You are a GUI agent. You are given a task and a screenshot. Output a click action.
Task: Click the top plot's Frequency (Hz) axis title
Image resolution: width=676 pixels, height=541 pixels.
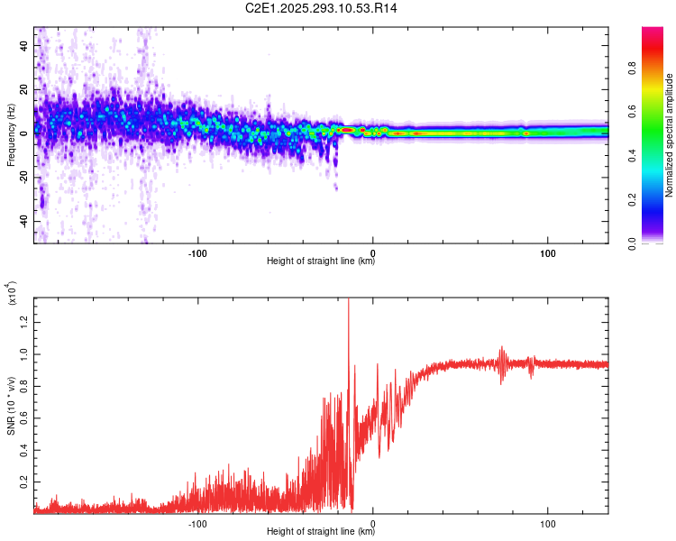pos(11,135)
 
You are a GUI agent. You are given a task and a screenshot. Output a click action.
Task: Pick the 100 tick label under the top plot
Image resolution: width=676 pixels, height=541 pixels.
pos(547,252)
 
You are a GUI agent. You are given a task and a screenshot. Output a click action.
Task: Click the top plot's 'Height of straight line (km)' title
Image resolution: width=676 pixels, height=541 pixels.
pos(321,262)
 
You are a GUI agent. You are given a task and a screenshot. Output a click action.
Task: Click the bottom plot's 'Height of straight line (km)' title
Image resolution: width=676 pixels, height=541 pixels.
pos(321,531)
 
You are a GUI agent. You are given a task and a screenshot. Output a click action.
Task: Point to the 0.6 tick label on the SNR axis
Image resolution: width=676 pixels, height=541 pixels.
pos(25,418)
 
